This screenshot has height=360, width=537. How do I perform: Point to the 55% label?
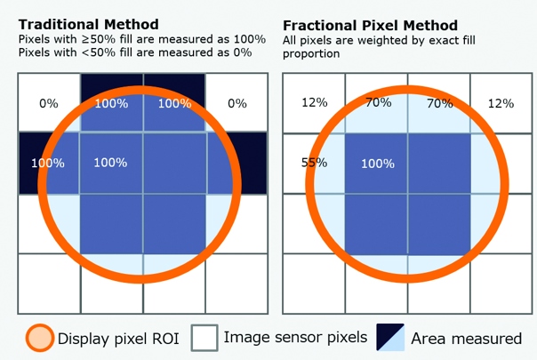314,162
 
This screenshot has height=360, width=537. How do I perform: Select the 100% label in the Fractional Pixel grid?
378,164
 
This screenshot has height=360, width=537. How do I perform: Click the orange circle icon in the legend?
40,338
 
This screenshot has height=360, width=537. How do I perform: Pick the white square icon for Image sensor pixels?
204,338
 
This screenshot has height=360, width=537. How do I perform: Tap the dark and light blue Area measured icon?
390,337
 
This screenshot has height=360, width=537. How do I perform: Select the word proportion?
311,54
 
